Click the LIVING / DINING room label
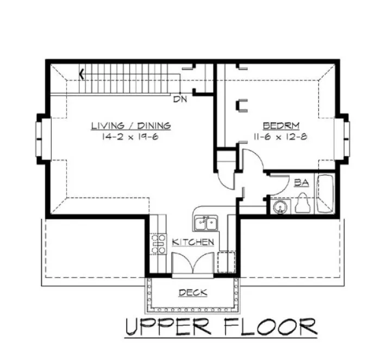tap(130, 126)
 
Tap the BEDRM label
tap(280, 124)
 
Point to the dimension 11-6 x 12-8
tap(280, 137)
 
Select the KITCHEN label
tap(193, 242)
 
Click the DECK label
tap(193, 293)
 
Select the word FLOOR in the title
tap(270, 327)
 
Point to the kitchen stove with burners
tap(158, 244)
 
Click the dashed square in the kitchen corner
tap(226, 261)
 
